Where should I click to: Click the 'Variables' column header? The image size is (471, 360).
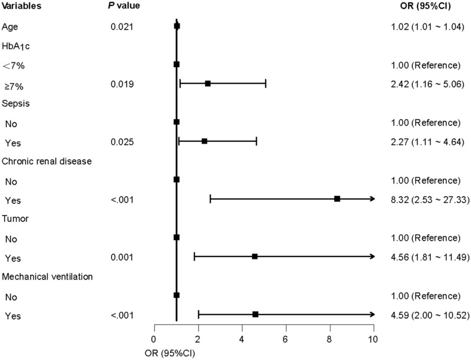[21, 6]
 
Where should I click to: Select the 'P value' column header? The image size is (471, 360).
[124, 6]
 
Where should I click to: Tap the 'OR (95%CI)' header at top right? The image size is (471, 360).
[425, 6]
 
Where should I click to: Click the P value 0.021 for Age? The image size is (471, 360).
[122, 26]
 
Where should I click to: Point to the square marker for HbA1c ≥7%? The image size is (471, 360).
[208, 84]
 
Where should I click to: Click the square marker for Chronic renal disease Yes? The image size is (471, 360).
[337, 199]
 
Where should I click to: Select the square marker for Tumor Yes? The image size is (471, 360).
[255, 256]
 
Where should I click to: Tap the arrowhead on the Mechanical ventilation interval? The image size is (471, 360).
[373, 314]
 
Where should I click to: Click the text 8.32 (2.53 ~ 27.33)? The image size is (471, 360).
[430, 199]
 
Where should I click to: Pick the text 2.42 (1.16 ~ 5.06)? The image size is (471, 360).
[427, 84]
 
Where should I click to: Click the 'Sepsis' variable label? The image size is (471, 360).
[16, 104]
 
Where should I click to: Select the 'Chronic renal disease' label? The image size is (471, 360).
[47, 161]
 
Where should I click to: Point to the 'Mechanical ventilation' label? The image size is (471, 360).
[47, 276]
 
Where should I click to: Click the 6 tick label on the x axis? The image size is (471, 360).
[286, 339]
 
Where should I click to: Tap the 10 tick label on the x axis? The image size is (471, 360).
[373, 339]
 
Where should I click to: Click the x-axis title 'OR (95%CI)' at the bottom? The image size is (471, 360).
[170, 354]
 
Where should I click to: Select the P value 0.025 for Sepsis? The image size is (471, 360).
[122, 142]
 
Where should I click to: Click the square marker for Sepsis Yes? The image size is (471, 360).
[204, 141]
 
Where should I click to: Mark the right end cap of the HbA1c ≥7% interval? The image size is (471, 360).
[266, 84]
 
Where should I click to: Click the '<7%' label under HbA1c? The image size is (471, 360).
[13, 65]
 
